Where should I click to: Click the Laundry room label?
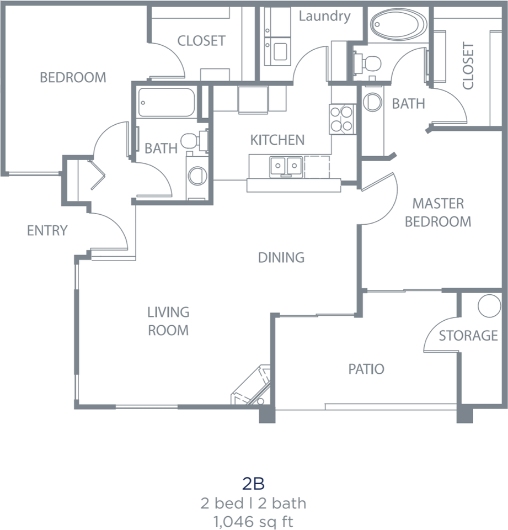324,16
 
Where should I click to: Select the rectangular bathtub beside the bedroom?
166,102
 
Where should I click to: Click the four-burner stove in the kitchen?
341,118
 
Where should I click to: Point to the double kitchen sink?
286,166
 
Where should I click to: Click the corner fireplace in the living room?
253,386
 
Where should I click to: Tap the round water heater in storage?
489,306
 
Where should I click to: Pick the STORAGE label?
468,335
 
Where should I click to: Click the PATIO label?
366,369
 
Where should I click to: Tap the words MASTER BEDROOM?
438,213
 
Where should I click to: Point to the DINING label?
281,257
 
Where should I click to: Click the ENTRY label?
47,230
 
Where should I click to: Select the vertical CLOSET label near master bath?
468,66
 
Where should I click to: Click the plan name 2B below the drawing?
254,484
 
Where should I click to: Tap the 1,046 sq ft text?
254,521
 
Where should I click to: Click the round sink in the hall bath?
197,177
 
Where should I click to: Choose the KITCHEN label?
277,140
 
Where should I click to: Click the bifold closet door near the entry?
97,174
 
